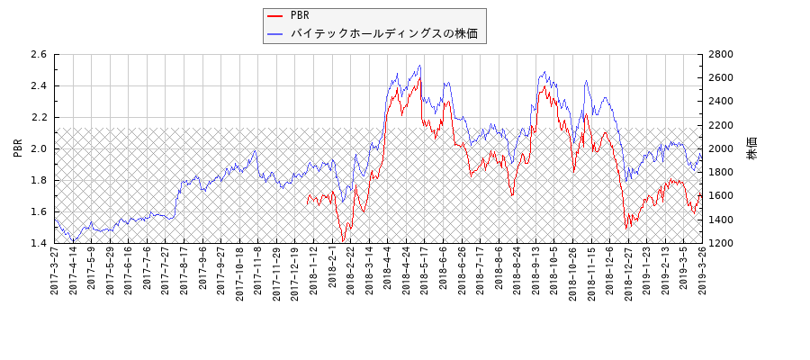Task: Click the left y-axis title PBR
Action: tap(18, 148)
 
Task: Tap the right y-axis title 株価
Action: tap(752, 148)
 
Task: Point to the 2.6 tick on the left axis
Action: tap(38, 55)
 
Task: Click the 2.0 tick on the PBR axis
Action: tap(38, 148)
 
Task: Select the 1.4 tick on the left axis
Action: tap(38, 243)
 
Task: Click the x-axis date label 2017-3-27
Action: tap(55, 271)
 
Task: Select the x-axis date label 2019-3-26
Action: tap(701, 271)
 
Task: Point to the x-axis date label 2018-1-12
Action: tap(313, 271)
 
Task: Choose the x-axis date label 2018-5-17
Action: tap(424, 271)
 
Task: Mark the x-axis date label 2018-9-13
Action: tap(535, 271)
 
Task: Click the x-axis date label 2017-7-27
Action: tap(166, 271)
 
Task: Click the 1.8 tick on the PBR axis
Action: tap(38, 180)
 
